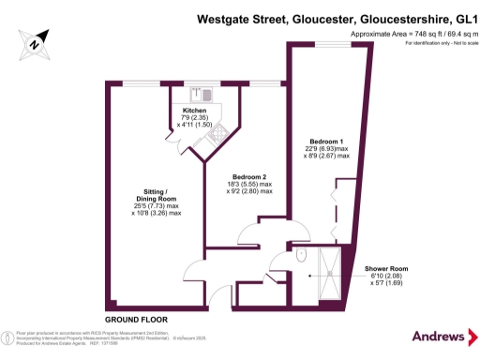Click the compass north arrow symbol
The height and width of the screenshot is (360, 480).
[34, 42]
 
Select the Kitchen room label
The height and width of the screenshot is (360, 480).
[195, 111]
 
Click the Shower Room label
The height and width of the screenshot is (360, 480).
[385, 268]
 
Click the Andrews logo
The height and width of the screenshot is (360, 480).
[439, 336]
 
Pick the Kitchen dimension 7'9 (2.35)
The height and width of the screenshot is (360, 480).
[195, 118]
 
